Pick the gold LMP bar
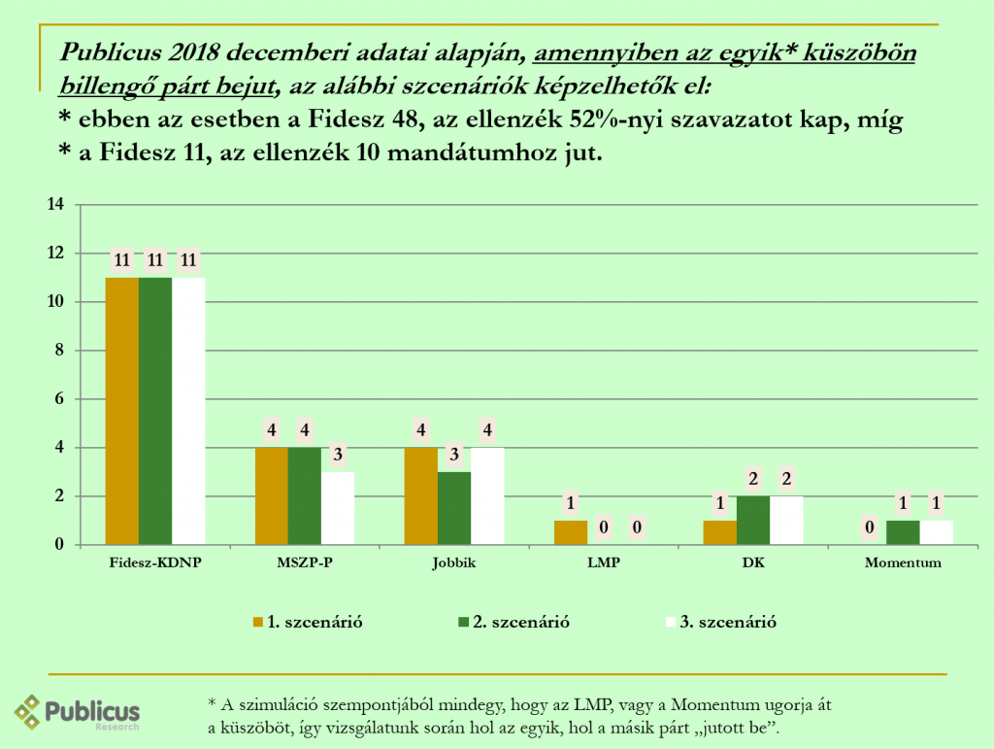click(x=571, y=532)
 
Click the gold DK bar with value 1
click(x=720, y=532)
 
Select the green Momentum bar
click(x=903, y=532)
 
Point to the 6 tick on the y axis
click(x=58, y=399)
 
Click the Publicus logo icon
click(x=26, y=711)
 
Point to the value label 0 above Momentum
click(x=870, y=528)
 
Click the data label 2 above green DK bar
click(x=753, y=479)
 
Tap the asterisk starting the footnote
click(x=212, y=700)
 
